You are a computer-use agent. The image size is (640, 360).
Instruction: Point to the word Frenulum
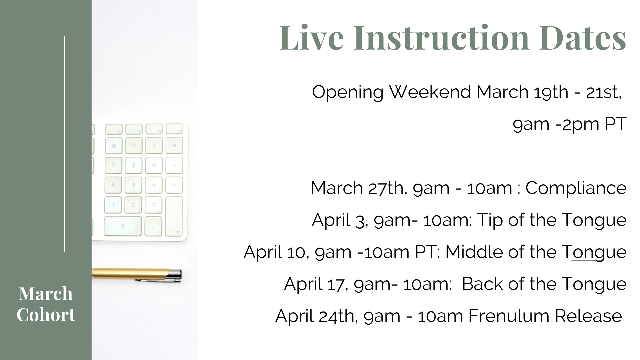pos(509,316)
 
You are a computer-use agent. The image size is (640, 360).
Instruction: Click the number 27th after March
pos(387,188)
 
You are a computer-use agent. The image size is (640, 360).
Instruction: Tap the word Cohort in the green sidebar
pos(46,315)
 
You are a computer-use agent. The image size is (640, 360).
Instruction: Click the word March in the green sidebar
pos(46,294)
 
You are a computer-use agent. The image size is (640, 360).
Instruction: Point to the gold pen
pos(137,274)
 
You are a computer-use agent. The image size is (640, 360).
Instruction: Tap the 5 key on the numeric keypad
pos(133,185)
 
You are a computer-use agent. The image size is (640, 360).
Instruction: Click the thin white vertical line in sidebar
pos(64,144)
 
